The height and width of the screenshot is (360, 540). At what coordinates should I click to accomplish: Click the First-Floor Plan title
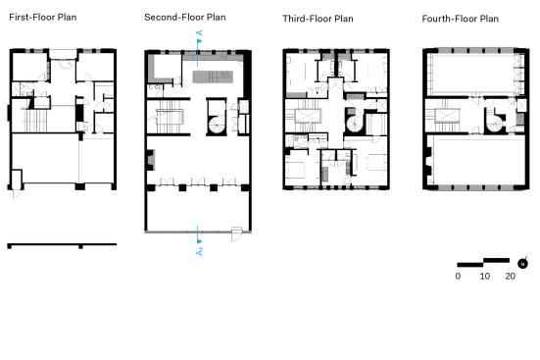43,18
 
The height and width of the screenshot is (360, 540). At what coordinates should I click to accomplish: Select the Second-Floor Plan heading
185,18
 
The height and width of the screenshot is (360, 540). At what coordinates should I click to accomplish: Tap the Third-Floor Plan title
318,19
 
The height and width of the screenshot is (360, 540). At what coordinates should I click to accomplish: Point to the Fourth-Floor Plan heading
460,19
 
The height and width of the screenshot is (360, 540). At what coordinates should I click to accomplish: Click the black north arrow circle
522,264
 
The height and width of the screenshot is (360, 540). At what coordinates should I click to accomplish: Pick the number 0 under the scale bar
458,277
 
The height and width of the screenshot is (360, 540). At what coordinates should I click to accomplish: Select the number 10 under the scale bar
485,277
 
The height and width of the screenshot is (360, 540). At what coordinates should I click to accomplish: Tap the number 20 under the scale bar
511,277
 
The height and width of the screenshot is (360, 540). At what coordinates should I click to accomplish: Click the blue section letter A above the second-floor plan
199,33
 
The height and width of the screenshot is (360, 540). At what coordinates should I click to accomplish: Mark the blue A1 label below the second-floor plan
199,251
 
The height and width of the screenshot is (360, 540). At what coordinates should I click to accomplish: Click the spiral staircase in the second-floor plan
218,125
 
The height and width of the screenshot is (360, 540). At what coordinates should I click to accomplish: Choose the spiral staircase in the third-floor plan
355,124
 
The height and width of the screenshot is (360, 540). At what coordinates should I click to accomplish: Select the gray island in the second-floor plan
213,77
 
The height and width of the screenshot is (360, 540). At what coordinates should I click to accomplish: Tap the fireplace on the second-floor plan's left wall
151,160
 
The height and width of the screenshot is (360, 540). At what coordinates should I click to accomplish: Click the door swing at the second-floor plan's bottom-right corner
236,233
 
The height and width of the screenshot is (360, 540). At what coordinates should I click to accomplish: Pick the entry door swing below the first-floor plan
16,193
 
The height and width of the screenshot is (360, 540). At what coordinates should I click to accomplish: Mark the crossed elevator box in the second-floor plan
244,107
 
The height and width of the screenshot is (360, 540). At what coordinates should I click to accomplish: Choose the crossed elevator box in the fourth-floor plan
521,105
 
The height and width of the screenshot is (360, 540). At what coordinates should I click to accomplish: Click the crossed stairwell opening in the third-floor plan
308,116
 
